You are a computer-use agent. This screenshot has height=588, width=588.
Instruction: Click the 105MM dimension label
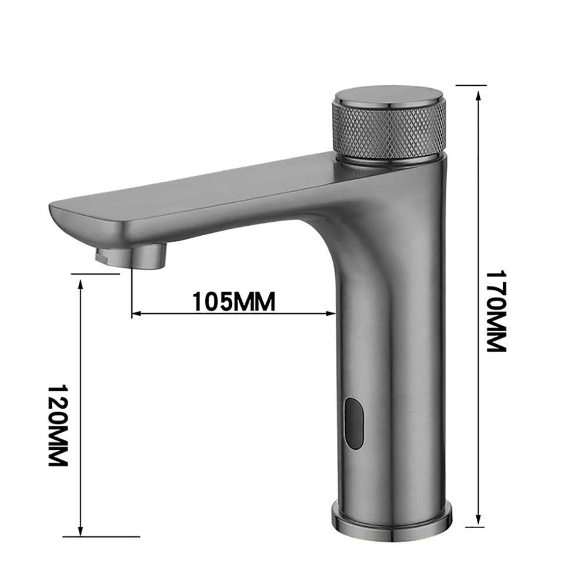coord(233,301)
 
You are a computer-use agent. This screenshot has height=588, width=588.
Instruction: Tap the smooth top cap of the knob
coord(389,97)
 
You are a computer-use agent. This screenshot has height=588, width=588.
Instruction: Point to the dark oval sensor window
coord(354,422)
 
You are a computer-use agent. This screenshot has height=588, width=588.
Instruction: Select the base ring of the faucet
coord(392,514)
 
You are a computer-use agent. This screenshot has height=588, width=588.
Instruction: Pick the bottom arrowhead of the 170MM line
coord(479,520)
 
